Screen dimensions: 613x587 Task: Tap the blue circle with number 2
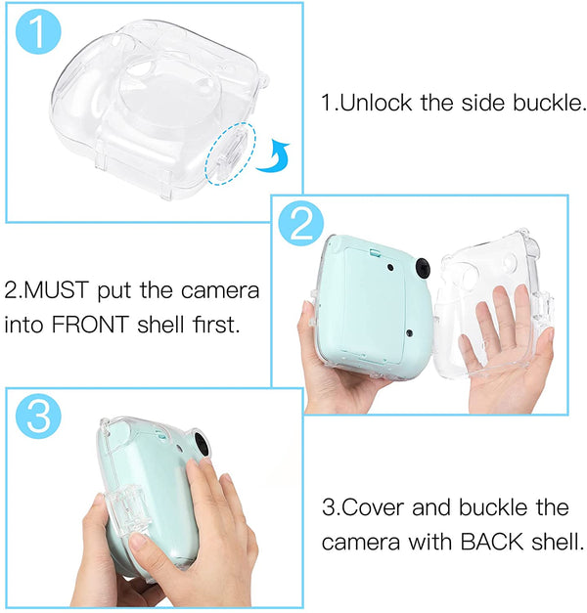[301, 225]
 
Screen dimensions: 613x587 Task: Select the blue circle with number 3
[37, 419]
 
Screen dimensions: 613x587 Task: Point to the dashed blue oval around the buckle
[231, 153]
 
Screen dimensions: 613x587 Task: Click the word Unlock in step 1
[372, 103]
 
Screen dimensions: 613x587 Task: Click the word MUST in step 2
[61, 292]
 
